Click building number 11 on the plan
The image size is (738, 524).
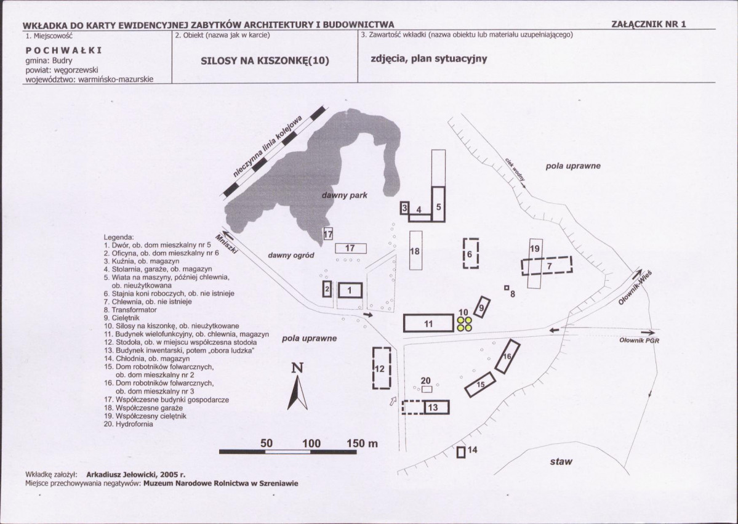(429, 323)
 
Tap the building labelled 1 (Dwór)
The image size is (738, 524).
(349, 290)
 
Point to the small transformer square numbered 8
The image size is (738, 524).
(507, 287)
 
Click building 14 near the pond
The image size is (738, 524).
(461, 452)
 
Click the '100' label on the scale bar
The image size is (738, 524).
(311, 443)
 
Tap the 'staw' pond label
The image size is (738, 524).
(561, 461)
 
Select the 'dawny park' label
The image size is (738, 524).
(345, 195)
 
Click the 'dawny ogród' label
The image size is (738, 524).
(291, 255)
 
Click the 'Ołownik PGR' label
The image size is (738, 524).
(639, 340)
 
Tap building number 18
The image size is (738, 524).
(415, 250)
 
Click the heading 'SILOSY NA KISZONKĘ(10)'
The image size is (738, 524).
(265, 60)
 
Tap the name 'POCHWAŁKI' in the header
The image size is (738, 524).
(63, 50)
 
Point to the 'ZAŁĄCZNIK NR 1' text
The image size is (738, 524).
(648, 25)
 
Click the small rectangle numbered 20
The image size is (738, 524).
(427, 389)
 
